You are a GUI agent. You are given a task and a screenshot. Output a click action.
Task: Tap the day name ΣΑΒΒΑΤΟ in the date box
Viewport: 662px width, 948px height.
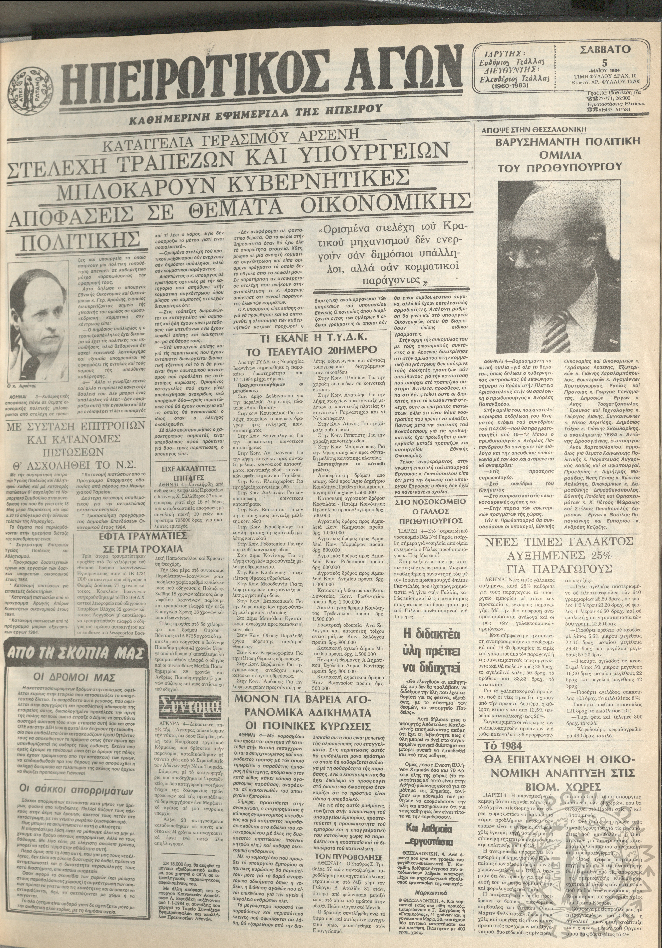click(605, 50)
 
